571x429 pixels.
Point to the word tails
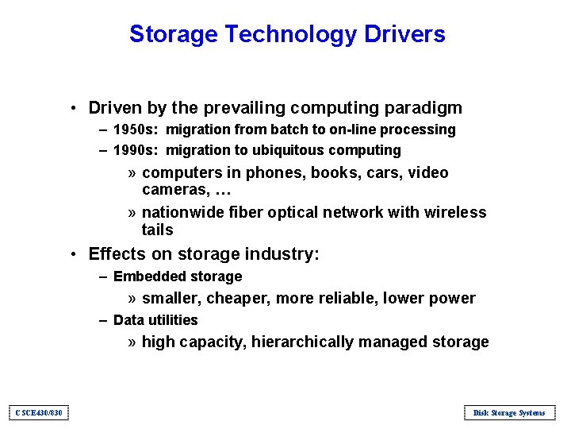pyautogui.click(x=157, y=230)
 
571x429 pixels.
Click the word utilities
pyautogui.click(x=171, y=320)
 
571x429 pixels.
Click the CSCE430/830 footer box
pyautogui.click(x=39, y=412)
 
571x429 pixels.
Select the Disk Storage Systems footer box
pyautogui.click(x=508, y=412)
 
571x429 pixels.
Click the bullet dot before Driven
pyautogui.click(x=72, y=109)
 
